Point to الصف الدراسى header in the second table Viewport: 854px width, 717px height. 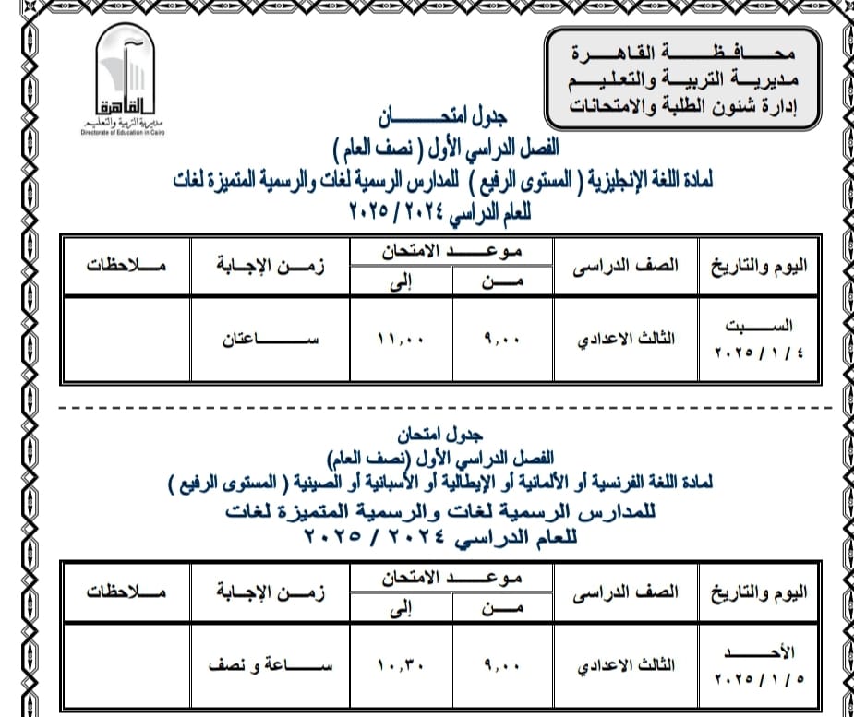coord(627,592)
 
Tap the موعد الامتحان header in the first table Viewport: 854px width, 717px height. coord(451,252)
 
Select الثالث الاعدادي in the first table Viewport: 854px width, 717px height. coord(627,339)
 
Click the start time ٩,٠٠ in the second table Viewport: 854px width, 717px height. coord(502,663)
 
